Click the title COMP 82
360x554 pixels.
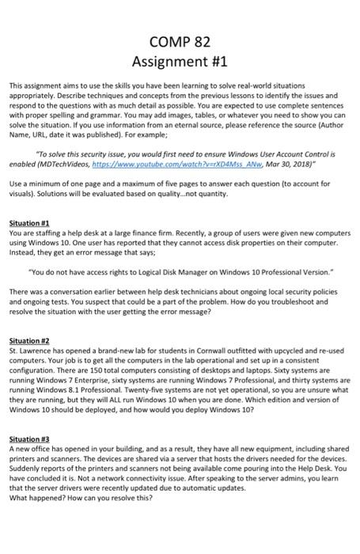pos(180,41)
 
